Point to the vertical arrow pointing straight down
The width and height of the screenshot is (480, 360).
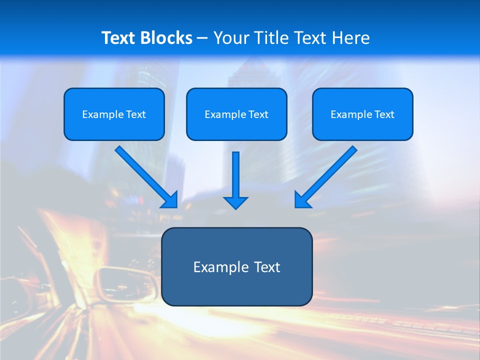235,175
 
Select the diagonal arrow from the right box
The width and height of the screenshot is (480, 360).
330,172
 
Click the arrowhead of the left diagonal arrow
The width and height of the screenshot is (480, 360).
170,200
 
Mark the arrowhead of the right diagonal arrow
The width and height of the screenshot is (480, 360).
301,200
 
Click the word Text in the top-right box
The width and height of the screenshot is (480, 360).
384,114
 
